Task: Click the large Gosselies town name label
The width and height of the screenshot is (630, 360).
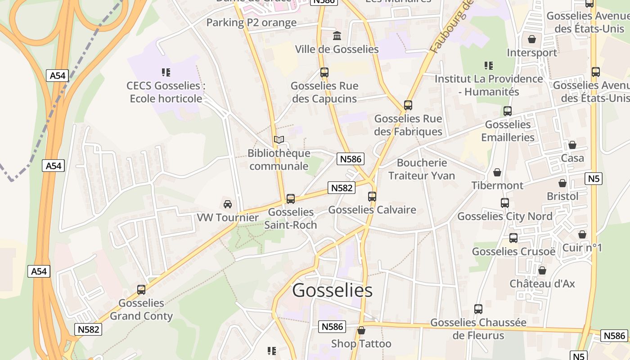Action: (332, 291)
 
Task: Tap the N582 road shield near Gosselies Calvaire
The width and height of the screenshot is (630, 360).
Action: (342, 188)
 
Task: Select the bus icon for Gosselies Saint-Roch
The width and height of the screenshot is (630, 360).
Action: (291, 199)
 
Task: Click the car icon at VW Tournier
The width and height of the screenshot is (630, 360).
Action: (228, 204)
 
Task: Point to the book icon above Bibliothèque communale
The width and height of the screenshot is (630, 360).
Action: (279, 140)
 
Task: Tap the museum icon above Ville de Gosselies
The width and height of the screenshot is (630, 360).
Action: (337, 36)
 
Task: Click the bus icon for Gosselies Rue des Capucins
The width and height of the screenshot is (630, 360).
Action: (324, 72)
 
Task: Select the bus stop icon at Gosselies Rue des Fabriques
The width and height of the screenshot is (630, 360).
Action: (408, 105)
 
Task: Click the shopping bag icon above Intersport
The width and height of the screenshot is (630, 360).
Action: (532, 39)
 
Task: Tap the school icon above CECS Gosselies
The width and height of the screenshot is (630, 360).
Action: (166, 72)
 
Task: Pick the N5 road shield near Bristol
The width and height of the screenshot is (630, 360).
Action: (594, 179)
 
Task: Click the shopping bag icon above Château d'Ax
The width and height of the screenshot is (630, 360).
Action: (542, 270)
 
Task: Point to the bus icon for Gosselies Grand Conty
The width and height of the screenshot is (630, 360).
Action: (141, 290)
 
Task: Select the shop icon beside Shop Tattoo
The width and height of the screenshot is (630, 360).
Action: (361, 331)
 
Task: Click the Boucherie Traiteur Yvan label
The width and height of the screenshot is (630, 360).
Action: (422, 169)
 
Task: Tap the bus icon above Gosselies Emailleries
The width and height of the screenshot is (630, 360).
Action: (508, 111)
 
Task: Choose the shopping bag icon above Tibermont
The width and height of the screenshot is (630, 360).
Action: (497, 172)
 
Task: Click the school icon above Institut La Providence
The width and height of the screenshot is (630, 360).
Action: (489, 66)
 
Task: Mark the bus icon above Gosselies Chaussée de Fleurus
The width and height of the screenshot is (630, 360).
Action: (478, 309)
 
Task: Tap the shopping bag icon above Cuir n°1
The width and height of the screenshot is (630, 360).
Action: (582, 234)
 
